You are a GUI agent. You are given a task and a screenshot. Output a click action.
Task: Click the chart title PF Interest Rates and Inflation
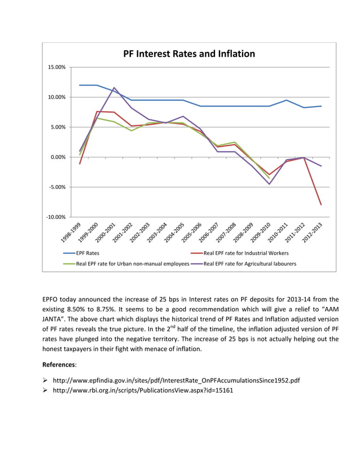[189, 54]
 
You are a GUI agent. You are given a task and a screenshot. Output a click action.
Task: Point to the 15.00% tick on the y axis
[56, 67]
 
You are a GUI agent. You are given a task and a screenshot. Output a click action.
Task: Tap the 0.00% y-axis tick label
[58, 157]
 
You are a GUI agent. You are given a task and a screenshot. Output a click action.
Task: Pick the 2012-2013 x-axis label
[313, 232]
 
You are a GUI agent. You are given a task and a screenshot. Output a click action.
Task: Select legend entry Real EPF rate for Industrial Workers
[246, 253]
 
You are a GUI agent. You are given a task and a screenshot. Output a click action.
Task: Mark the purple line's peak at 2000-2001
[115, 88]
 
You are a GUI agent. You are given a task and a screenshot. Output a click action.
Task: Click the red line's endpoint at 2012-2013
[322, 205]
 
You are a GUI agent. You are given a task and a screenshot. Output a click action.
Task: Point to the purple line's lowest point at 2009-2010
[270, 184]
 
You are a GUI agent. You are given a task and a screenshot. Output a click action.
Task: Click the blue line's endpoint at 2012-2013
[322, 106]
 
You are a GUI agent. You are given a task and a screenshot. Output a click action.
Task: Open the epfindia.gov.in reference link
[175, 380]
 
